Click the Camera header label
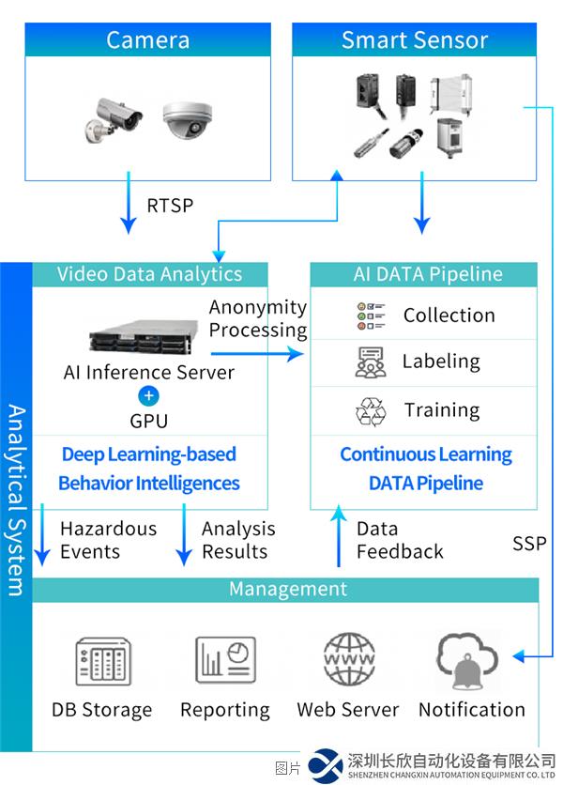pyautogui.click(x=147, y=40)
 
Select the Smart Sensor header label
pyautogui.click(x=415, y=40)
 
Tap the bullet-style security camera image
pyautogui.click(x=112, y=118)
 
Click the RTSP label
pyautogui.click(x=170, y=206)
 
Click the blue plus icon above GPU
pyautogui.click(x=148, y=395)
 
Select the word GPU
pyautogui.click(x=148, y=422)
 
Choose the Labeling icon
pyautogui.click(x=371, y=362)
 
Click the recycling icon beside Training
pyautogui.click(x=371, y=411)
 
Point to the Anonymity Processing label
pyautogui.click(x=258, y=318)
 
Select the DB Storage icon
pyautogui.click(x=101, y=660)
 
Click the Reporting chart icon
pyautogui.click(x=225, y=660)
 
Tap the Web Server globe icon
pyautogui.click(x=348, y=660)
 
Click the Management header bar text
pyautogui.click(x=288, y=590)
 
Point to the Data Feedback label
pyautogui.click(x=400, y=540)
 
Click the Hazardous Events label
pyautogui.click(x=108, y=540)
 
